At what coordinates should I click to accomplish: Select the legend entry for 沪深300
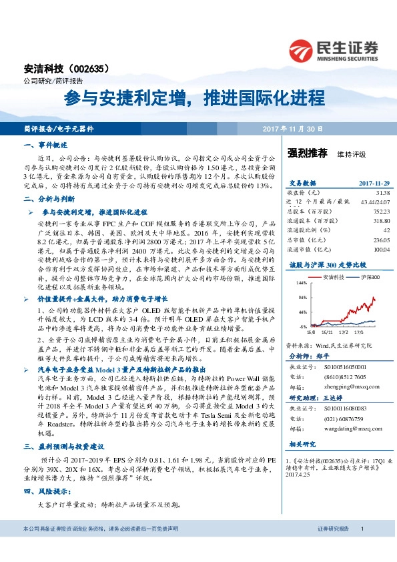[368, 276]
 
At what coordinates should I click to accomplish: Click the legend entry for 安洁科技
[331, 276]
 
